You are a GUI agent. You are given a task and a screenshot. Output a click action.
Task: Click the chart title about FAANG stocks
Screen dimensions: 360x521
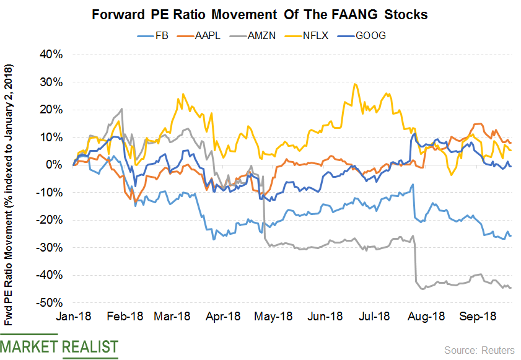[260, 14]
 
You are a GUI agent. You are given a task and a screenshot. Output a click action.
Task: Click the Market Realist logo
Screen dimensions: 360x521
[59, 347]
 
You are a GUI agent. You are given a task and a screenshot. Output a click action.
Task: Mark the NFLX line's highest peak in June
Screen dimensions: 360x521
[354, 84]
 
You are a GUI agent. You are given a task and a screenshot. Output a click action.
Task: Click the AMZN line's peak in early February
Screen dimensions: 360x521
[121, 109]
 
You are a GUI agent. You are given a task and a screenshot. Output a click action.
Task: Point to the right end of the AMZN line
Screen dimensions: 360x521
[510, 288]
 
